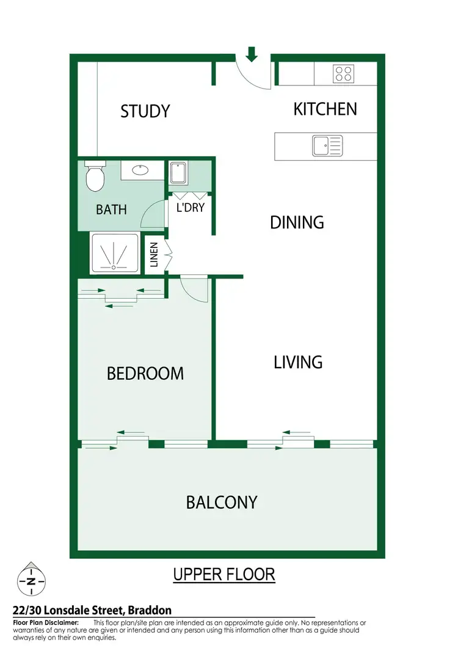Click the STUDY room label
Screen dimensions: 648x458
tap(145, 111)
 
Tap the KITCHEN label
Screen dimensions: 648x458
tap(325, 109)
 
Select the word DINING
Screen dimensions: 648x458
tap(297, 222)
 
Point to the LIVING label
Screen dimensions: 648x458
tap(297, 362)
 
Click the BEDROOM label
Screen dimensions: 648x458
tap(145, 373)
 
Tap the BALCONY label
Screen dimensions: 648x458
tap(222, 503)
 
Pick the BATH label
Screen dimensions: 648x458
tap(111, 209)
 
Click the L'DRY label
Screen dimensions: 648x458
tap(190, 208)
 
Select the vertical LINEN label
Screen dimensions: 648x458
tap(154, 255)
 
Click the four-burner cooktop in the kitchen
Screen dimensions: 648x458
tap(343, 74)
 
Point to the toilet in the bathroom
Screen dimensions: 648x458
tap(95, 177)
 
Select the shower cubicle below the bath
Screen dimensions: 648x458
tap(115, 252)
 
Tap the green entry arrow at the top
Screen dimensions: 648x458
tap(252, 54)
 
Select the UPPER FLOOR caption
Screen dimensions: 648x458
tap(224, 575)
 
